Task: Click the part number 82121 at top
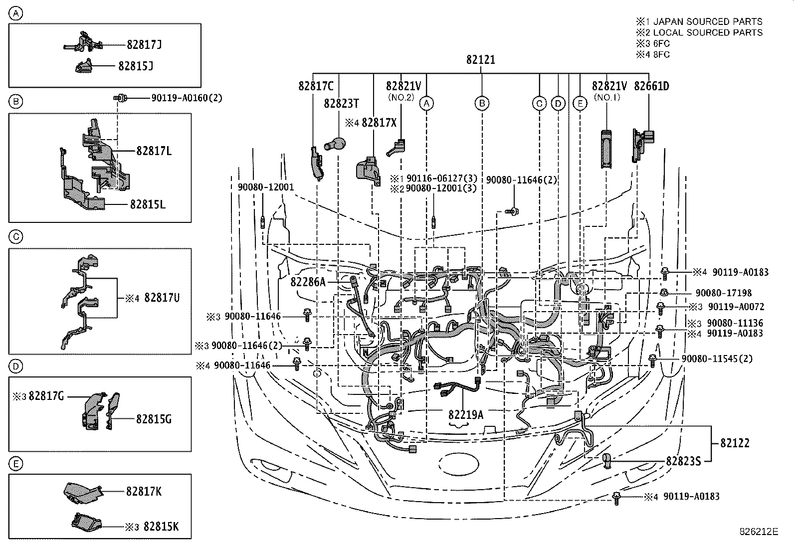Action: point(481,60)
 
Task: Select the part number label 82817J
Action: point(144,45)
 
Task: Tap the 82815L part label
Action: point(148,204)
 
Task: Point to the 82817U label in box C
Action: point(162,298)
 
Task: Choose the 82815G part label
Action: point(154,419)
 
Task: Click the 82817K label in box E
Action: point(144,492)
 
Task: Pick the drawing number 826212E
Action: point(759,532)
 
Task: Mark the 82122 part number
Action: point(734,443)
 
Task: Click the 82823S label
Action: point(683,462)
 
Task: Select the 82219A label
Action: point(465,414)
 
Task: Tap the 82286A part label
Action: point(308,282)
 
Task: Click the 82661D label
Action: point(651,86)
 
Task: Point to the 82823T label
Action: point(341,104)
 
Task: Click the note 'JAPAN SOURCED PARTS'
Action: point(707,21)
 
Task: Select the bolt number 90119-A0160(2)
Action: point(187,98)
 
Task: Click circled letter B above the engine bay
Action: point(482,104)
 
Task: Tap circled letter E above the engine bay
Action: point(580,104)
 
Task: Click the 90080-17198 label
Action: point(724,293)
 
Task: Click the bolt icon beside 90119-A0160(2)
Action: point(120,98)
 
